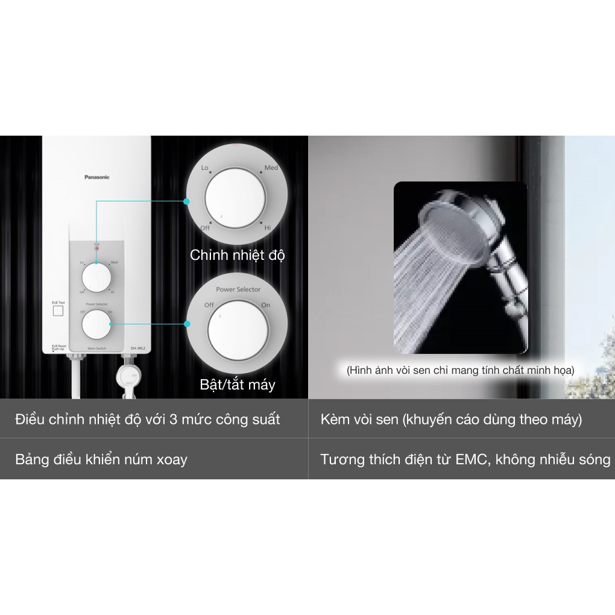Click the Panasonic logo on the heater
(x=96, y=177)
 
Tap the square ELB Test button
(x=58, y=311)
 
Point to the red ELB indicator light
(x=96, y=248)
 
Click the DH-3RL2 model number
(x=137, y=348)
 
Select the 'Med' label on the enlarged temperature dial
(x=271, y=168)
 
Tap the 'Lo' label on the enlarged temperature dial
(x=204, y=168)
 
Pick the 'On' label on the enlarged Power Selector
(x=266, y=305)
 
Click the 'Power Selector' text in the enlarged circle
(x=238, y=289)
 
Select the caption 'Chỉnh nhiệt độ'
(x=238, y=255)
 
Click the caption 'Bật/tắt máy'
(x=238, y=385)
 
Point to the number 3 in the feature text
(x=173, y=420)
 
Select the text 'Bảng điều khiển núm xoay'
(x=101, y=459)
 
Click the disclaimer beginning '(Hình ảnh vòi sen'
(x=460, y=370)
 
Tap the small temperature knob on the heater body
(x=96, y=279)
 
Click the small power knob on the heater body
(x=96, y=326)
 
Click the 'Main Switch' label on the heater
(x=96, y=348)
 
